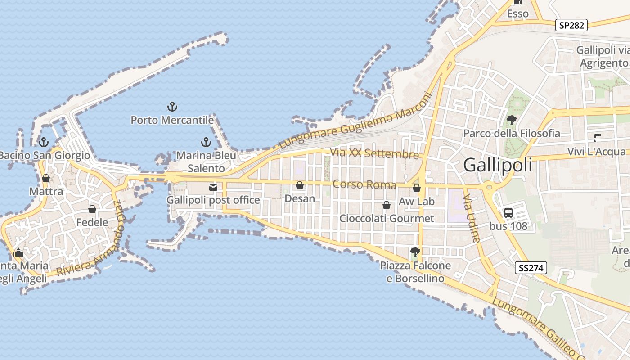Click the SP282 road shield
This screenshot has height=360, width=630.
click(x=572, y=25)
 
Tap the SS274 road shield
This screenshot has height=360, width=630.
click(x=531, y=268)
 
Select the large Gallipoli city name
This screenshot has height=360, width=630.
click(x=497, y=165)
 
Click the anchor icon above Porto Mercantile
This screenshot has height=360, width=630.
click(x=172, y=107)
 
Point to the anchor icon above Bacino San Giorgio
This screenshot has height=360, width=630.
click(x=44, y=142)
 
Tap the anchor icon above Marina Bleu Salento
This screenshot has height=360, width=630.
click(x=206, y=142)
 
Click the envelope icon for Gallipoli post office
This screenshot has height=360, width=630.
click(x=213, y=187)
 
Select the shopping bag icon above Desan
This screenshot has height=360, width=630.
click(x=300, y=185)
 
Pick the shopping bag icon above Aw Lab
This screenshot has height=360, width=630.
click(x=417, y=188)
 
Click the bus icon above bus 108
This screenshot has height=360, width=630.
click(x=508, y=213)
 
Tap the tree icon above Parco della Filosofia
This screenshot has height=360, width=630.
click(x=511, y=120)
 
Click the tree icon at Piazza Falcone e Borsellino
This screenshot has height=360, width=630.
click(x=415, y=252)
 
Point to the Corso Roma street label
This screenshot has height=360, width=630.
click(x=364, y=185)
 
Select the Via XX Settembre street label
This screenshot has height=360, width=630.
click(x=374, y=153)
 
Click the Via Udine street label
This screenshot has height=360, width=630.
click(x=472, y=219)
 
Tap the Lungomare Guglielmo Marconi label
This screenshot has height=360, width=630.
click(x=355, y=121)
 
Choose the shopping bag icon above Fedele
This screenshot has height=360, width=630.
click(x=92, y=209)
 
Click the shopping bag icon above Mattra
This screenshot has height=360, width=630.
click(x=46, y=178)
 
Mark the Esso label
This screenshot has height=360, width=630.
click(x=517, y=14)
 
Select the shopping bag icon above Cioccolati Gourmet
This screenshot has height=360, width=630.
click(x=386, y=206)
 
